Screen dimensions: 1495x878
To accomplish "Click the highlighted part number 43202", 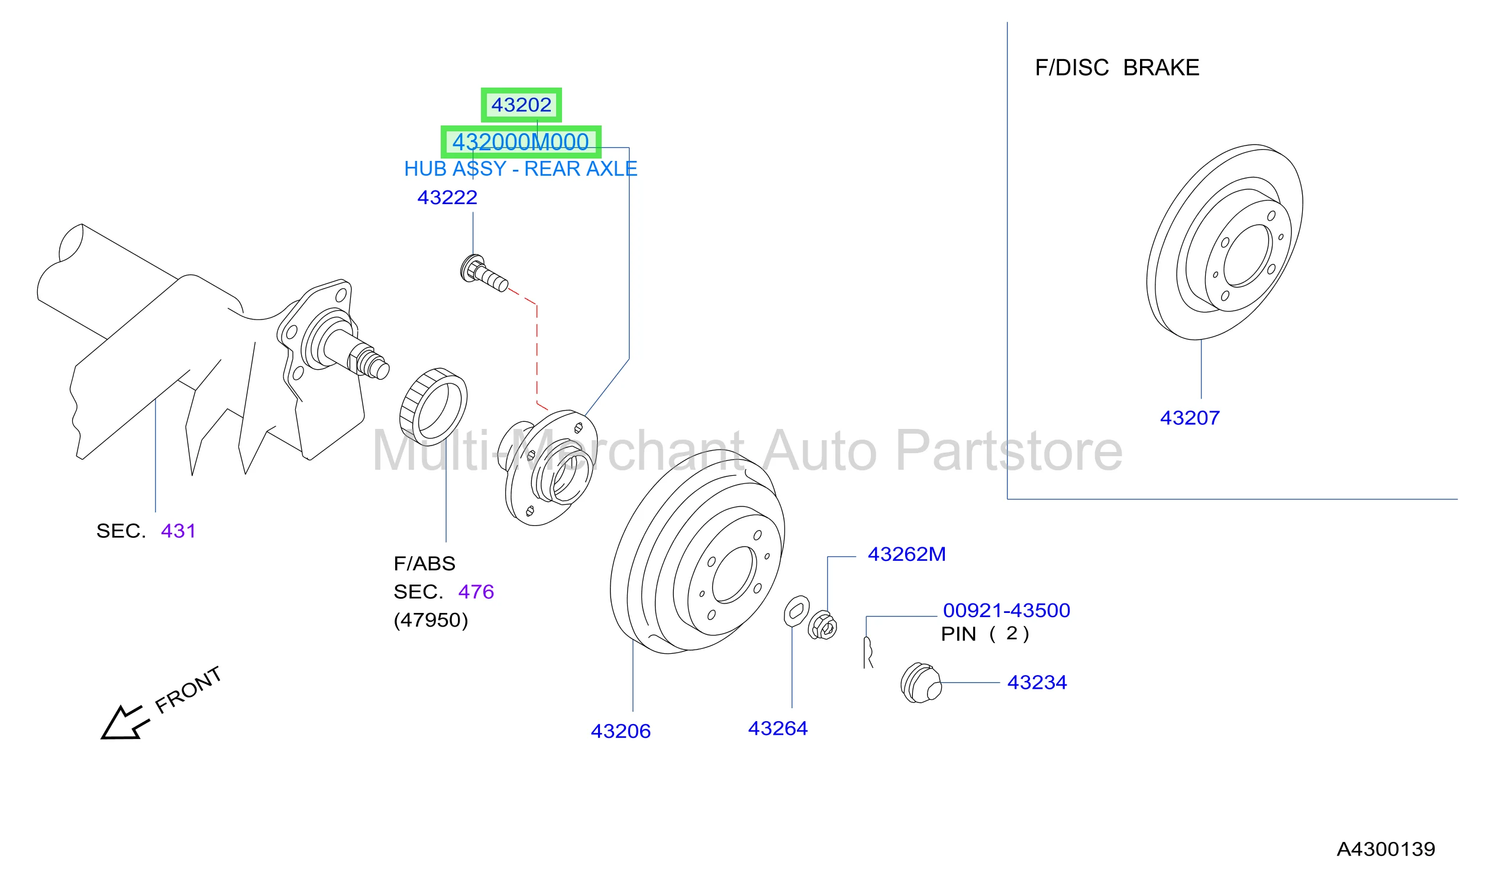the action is pos(521,105).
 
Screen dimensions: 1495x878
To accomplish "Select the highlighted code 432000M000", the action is pos(520,143).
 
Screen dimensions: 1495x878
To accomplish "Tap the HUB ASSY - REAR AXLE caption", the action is pos(520,169).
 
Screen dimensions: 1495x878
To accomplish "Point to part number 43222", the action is pos(447,198).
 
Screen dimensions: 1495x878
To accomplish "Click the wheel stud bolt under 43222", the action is pos(483,274).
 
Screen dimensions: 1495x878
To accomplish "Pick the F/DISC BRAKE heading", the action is pos(1116,67).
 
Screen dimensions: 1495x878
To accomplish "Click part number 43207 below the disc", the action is pos(1190,418).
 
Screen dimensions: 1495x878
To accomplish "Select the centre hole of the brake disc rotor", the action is pos(1248,256).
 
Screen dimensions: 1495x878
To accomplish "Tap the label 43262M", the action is pos(906,554).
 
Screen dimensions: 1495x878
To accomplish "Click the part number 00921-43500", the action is pos(1006,611).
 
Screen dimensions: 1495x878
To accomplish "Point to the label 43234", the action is pos(1037,683).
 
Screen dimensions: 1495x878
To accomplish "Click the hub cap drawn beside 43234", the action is pos(921,684).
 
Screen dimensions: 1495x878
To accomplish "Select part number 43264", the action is pos(778,728).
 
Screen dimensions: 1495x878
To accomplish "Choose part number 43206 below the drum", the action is pos(621,731).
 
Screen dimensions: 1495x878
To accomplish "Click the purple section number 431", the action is pos(178,531).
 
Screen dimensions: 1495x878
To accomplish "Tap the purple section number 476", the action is pos(476,592).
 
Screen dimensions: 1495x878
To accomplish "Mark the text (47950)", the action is pos(431,621).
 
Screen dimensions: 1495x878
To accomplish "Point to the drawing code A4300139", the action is pos(1385,850).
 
